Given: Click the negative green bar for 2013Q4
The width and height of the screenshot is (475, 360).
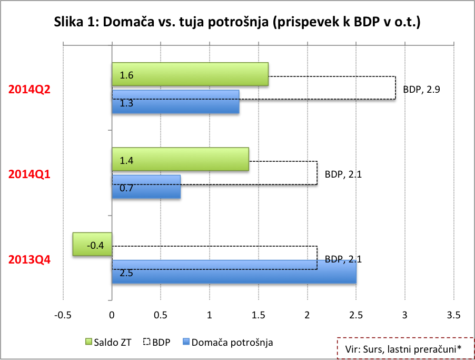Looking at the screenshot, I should coord(92,244).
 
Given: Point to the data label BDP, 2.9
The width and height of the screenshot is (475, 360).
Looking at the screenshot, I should coord(421,90).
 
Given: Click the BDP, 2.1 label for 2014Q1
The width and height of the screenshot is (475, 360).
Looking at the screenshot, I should coord(343,174).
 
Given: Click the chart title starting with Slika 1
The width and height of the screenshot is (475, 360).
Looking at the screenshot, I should coord(237,23).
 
